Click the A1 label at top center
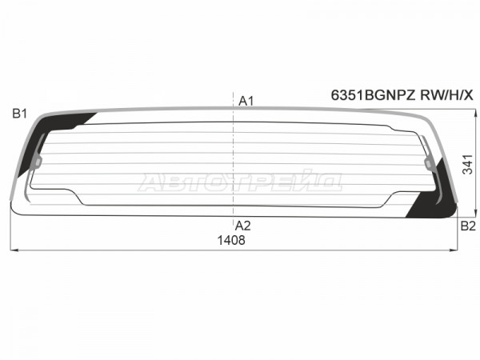click(246, 101)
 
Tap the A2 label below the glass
click(242, 226)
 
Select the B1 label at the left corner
click(19, 114)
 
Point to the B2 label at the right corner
click(468, 226)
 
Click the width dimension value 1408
click(231, 240)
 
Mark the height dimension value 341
click(468, 165)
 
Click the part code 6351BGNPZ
click(373, 95)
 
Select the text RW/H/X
click(446, 95)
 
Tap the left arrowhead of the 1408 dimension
click(14, 250)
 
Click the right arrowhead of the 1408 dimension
click(454, 250)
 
